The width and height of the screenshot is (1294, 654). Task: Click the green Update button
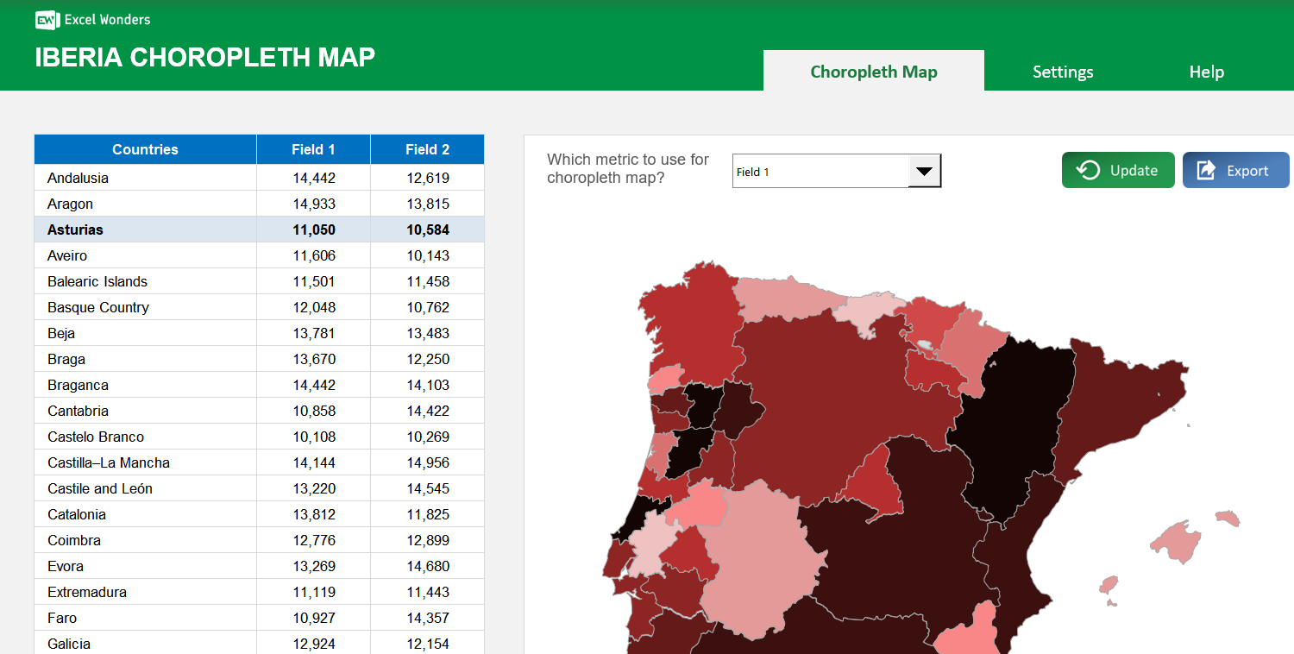coord(1118,170)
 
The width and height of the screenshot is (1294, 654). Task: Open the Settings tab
coord(1063,72)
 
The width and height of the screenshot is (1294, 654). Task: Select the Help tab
coord(1206,72)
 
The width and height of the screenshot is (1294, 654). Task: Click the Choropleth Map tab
coord(873,72)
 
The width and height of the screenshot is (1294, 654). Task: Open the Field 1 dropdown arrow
coord(924,171)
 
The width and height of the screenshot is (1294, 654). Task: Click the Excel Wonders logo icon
coord(47,19)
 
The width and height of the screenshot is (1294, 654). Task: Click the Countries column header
coord(145,149)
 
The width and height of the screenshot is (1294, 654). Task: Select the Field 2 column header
coord(427,149)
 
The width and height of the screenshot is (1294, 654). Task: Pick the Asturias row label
coord(75,230)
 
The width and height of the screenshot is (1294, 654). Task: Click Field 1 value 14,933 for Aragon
coord(314,204)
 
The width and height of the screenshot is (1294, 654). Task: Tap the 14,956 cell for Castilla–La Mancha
coord(428,462)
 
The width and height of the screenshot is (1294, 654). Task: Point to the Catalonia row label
coord(77,514)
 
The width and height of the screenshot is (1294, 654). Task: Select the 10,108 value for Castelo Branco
coord(314,437)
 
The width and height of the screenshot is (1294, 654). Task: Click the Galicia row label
coord(69,644)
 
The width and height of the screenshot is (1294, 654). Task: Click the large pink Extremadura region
coord(755,561)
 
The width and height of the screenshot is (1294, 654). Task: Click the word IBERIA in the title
coord(79,57)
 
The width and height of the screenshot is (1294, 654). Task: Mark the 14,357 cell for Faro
coord(428,618)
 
